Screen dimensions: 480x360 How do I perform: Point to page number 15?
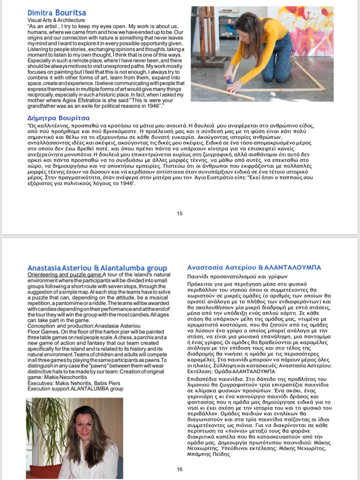pos(179,214)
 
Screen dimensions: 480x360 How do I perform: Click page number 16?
pos(179,469)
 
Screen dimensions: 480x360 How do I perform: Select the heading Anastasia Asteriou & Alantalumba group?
pos(97,268)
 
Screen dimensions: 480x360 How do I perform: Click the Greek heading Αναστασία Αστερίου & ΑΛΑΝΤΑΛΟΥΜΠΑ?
pos(253,267)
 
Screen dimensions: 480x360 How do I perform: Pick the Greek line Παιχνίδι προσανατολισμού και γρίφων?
pos(230,276)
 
